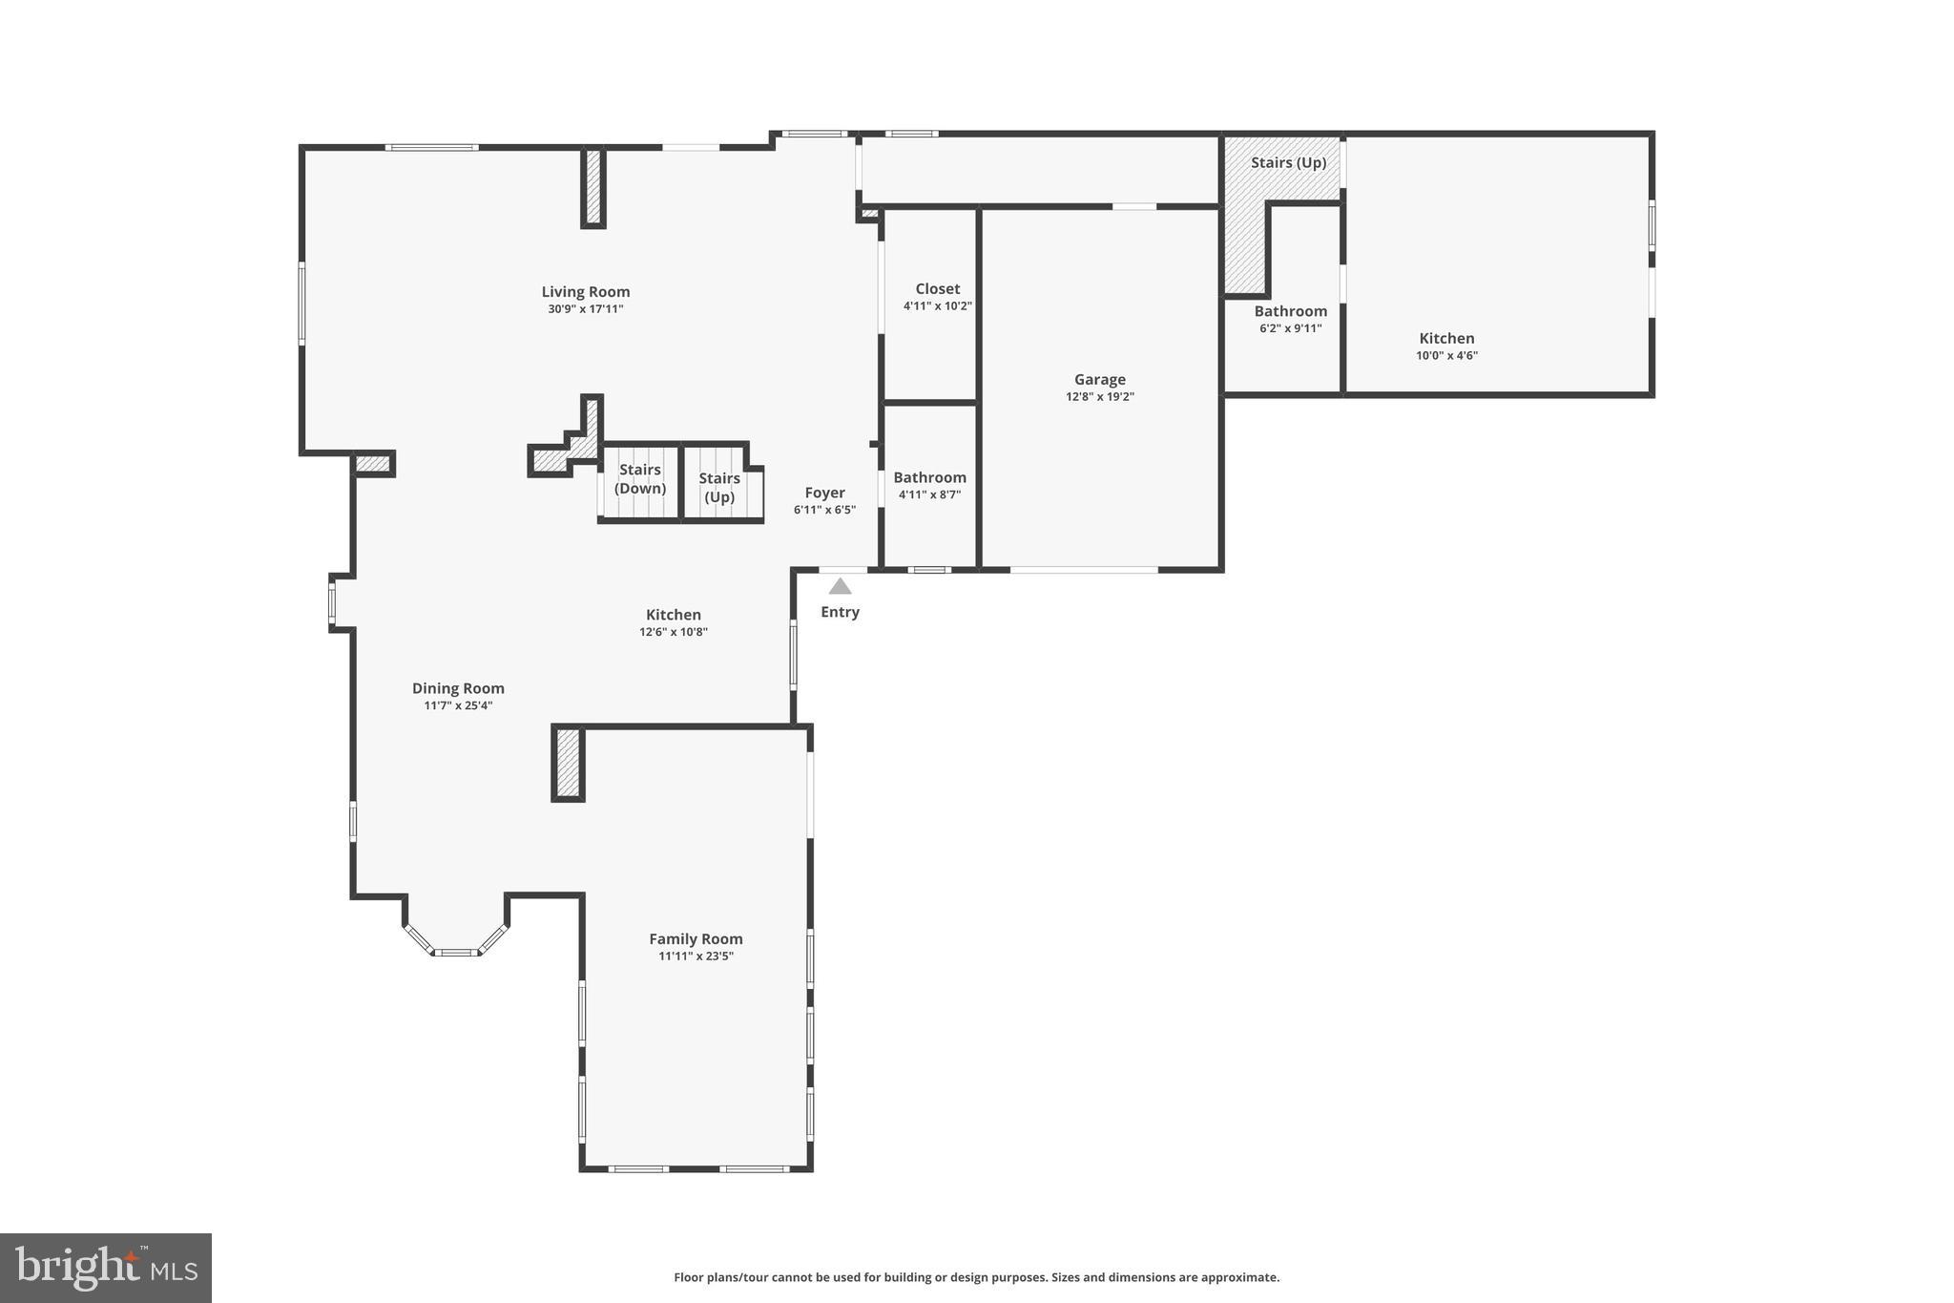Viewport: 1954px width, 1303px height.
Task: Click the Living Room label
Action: pyautogui.click(x=585, y=292)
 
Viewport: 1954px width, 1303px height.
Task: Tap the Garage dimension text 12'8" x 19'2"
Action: pyautogui.click(x=1099, y=397)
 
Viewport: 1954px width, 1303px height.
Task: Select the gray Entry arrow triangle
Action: pyautogui.click(x=840, y=587)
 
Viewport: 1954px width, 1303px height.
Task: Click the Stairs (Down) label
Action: pyautogui.click(x=639, y=479)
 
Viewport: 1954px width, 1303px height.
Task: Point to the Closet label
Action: pyautogui.click(x=937, y=289)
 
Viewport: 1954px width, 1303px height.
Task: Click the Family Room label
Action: pyautogui.click(x=696, y=939)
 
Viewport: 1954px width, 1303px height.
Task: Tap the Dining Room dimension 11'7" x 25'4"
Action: pyautogui.click(x=458, y=706)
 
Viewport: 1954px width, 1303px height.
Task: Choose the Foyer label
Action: pyautogui.click(x=824, y=494)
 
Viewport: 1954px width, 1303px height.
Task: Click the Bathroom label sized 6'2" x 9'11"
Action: pyautogui.click(x=1290, y=311)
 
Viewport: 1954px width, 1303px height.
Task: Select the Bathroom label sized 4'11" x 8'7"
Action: pyautogui.click(x=929, y=478)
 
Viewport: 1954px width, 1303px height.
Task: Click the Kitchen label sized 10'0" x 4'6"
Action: pyautogui.click(x=1446, y=339)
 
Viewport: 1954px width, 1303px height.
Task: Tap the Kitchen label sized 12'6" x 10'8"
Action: pyautogui.click(x=673, y=616)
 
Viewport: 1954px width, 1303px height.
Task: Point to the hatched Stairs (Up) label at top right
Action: pyautogui.click(x=1288, y=163)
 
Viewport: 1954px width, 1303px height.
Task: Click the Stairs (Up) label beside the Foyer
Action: pyautogui.click(x=719, y=488)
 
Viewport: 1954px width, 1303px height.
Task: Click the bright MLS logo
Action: pyautogui.click(x=106, y=1268)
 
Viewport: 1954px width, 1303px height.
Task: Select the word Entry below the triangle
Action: pyautogui.click(x=840, y=613)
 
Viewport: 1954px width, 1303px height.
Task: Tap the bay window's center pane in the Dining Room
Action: pyautogui.click(x=456, y=952)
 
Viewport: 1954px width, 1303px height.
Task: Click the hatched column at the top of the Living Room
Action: pyautogui.click(x=593, y=187)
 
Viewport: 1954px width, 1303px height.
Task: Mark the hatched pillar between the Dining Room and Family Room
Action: pyautogui.click(x=568, y=764)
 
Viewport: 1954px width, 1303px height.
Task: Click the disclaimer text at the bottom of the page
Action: pyautogui.click(x=976, y=1277)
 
